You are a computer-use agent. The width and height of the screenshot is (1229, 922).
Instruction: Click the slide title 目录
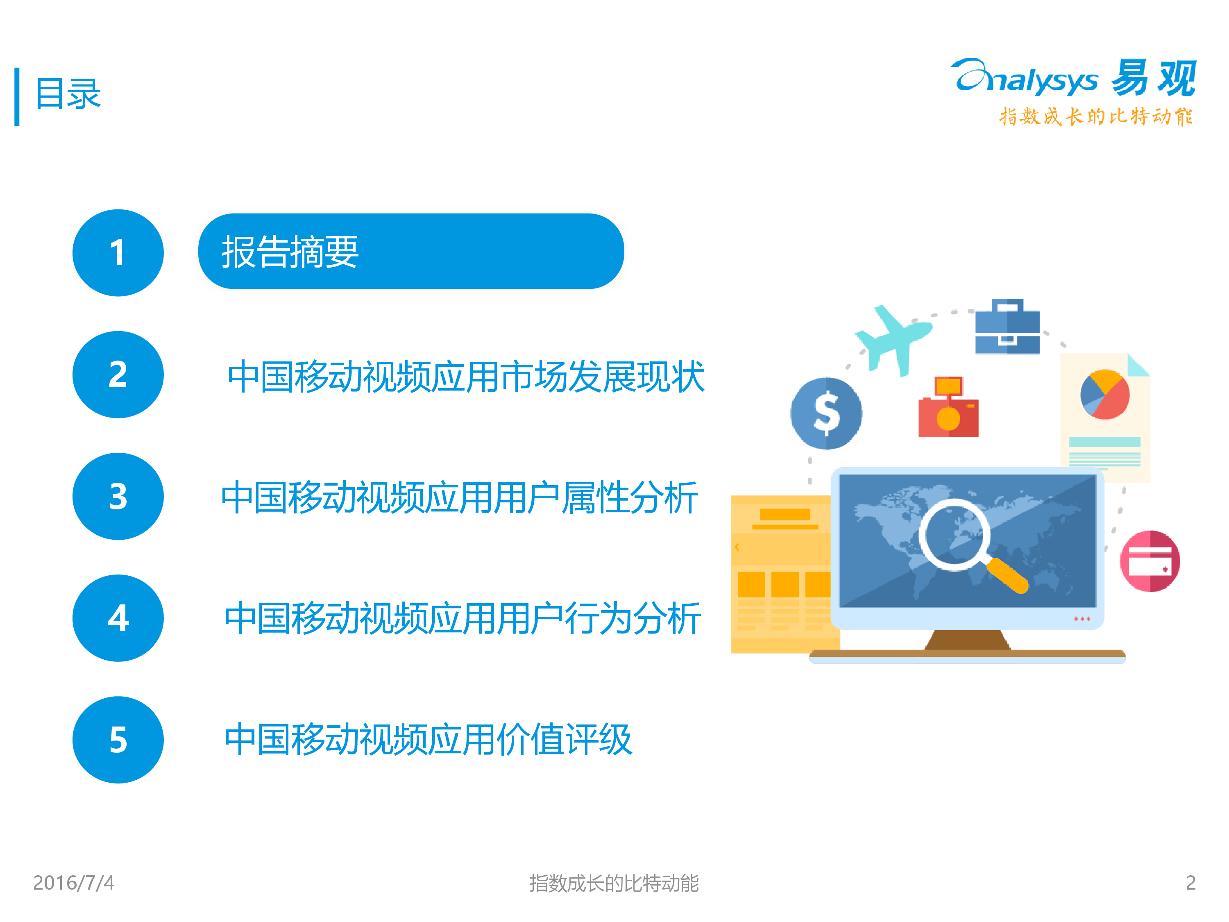68,93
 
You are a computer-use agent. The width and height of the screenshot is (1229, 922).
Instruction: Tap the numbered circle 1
118,253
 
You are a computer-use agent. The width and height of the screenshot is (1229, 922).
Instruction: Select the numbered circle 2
118,375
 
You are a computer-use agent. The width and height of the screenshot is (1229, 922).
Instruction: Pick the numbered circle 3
118,496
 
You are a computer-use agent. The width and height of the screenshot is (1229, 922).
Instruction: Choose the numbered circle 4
118,618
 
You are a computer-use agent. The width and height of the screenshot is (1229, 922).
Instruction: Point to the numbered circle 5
118,740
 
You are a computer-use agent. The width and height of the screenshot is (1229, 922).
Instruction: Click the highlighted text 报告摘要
290,252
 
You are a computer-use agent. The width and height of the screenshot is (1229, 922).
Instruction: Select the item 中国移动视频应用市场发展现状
466,376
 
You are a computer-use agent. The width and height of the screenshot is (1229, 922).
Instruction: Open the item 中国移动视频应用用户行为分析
462,618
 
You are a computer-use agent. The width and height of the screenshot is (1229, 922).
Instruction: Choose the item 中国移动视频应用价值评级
428,740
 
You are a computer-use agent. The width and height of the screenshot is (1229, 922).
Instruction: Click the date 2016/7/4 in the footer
73,883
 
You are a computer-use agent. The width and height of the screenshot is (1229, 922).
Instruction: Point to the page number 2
1190,883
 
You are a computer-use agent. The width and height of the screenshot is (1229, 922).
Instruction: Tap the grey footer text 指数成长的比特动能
614,883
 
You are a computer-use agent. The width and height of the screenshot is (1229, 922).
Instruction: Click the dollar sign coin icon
826,413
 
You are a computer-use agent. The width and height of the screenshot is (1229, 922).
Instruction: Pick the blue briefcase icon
1007,326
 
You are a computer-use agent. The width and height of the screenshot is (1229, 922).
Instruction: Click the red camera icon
948,407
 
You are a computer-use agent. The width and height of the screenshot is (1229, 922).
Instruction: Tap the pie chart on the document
1104,395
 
